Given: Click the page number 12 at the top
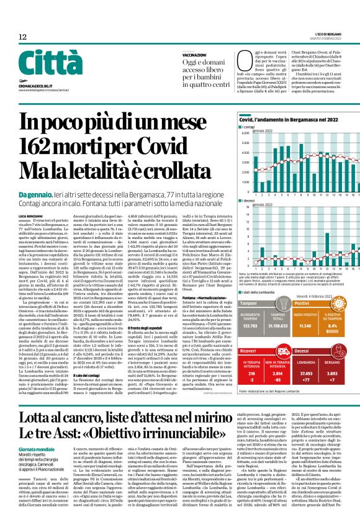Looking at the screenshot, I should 23,38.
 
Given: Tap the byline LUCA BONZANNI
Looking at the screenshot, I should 32,215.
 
